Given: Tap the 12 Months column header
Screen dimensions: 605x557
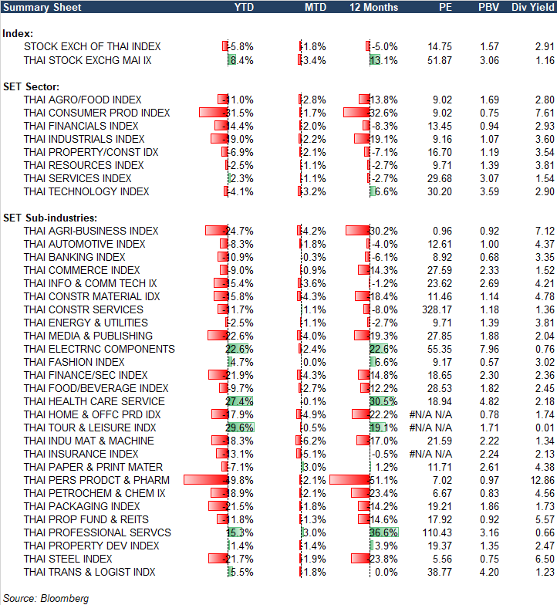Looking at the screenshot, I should (374, 8).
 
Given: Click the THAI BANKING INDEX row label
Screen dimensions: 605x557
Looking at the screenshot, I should (74, 257).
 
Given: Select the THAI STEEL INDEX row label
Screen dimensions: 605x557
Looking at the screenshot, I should (68, 559).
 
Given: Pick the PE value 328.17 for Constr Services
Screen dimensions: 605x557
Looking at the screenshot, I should (437, 309).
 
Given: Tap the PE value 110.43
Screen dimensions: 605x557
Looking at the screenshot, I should (437, 532).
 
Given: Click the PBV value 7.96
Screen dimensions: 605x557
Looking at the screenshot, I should (490, 349).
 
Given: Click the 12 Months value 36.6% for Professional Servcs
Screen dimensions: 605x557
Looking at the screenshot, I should (384, 532).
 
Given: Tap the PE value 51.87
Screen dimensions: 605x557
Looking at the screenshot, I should (440, 59).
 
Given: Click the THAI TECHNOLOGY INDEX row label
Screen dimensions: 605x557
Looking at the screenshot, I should (86, 191).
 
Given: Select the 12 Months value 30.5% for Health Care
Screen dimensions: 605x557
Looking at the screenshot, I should (384, 401).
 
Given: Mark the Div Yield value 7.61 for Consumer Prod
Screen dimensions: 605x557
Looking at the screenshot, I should (545, 113).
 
